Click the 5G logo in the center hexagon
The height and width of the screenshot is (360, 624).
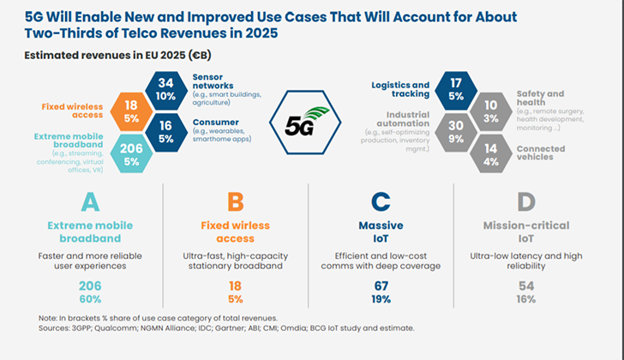point(307,122)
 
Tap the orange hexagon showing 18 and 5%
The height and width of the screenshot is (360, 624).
point(131,111)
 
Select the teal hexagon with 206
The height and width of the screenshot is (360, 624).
point(131,153)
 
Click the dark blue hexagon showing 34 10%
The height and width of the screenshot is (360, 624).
point(166,90)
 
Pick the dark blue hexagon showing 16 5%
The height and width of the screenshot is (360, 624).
point(166,133)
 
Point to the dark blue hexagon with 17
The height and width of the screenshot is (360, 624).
point(456,90)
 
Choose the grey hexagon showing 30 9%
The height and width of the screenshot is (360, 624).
point(456,133)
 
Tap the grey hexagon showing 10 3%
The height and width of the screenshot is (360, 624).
point(491,111)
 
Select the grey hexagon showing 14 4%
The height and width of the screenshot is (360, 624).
point(491,153)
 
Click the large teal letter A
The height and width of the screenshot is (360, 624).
point(90,201)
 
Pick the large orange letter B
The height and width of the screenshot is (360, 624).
point(236,201)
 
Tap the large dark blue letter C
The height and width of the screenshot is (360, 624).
point(381,201)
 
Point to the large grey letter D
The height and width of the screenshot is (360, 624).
point(526,201)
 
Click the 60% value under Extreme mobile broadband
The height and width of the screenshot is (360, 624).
point(90,299)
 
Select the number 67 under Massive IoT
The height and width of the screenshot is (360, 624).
point(381,286)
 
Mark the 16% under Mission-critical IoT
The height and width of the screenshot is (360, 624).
point(526,299)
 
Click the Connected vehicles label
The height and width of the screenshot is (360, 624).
point(541,153)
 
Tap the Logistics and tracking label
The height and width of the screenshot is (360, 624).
point(400,89)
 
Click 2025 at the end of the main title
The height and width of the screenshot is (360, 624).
point(261,33)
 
